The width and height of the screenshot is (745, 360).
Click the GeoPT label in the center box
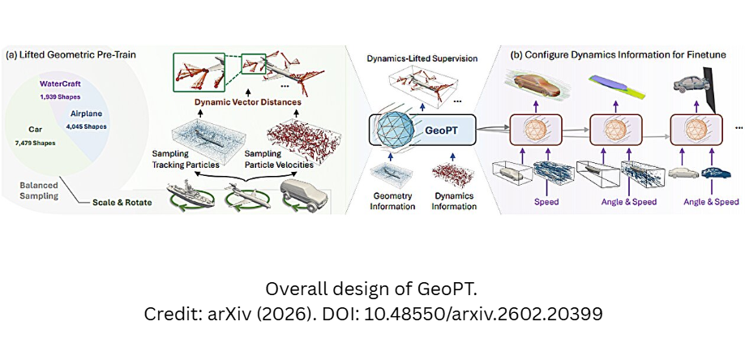coord(440,130)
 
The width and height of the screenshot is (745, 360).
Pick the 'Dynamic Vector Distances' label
coord(247,101)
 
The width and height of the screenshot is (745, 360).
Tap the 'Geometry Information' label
coord(392,202)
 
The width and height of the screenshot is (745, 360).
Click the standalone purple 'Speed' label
coord(546,202)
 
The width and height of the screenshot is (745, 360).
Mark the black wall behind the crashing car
coord(711,90)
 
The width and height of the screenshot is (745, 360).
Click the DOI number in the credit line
coord(482,315)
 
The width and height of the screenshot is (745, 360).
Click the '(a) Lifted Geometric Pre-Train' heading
coord(71,54)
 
